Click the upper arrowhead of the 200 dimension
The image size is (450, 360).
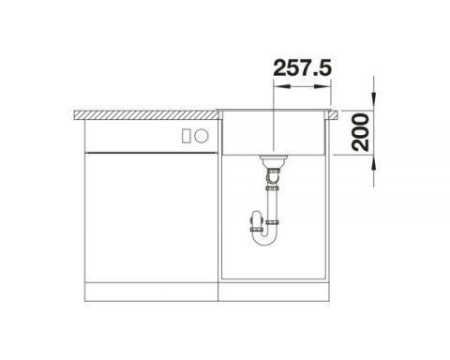(374, 101)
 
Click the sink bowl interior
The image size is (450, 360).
(274, 136)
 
